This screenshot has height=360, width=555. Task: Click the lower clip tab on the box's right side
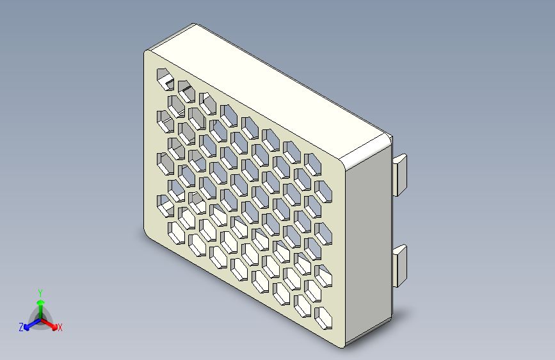point(401,264)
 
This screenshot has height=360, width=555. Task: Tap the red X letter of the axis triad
point(60,328)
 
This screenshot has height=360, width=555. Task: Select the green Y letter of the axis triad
point(40,291)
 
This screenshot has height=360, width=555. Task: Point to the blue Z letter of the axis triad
point(21,327)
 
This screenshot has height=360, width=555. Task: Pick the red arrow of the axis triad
point(51,323)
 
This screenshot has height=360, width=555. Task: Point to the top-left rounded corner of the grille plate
point(148,55)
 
